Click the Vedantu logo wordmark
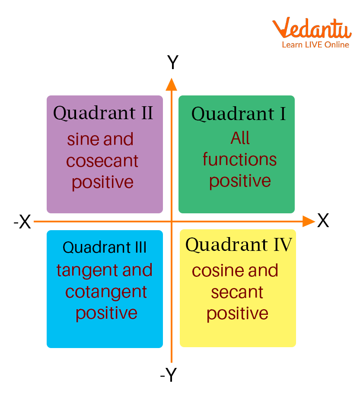312,28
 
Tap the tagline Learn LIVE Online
315,45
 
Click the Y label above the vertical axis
172,62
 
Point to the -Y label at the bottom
168,374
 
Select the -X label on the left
22,222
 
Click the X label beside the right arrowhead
323,220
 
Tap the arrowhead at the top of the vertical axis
171,85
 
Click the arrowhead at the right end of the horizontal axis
309,222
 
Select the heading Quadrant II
103,113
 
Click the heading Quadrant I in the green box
239,114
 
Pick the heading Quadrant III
105,247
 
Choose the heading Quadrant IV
239,245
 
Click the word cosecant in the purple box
102,161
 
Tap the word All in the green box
240,138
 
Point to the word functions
239,159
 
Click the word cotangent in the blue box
106,292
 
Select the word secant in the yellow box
237,292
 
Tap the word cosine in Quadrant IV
218,270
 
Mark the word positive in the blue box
106,313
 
